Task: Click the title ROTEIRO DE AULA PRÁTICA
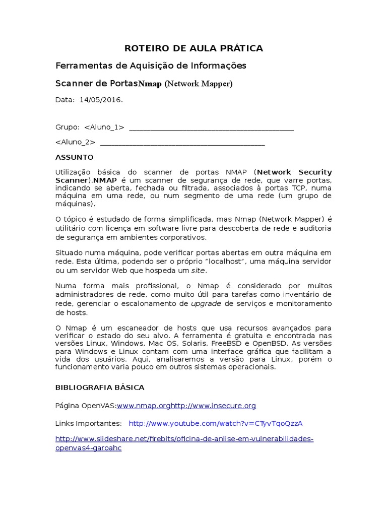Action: click(193, 48)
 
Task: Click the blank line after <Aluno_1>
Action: click(211, 128)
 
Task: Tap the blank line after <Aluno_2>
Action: click(182, 143)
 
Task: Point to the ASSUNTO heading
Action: click(74, 157)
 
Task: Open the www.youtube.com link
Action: click(216, 423)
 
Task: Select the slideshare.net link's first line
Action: click(184, 439)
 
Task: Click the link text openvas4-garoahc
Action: click(88, 448)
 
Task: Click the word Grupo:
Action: click(68, 127)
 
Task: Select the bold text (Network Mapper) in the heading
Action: click(199, 84)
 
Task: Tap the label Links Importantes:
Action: click(88, 423)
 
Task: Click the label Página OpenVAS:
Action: click(86, 406)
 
